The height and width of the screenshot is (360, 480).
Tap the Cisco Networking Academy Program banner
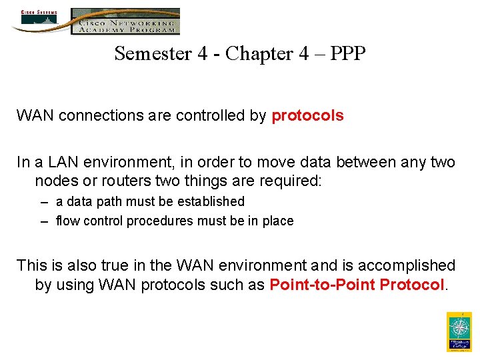coord(125,21)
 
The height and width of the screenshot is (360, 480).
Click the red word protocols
coord(307,116)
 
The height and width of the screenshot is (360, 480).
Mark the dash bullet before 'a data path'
coord(43,202)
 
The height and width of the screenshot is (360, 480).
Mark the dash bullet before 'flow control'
coord(43,221)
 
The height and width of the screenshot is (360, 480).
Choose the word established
coord(209,201)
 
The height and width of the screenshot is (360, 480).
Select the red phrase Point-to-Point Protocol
coord(357,285)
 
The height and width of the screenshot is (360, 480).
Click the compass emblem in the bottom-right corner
coord(459,328)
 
